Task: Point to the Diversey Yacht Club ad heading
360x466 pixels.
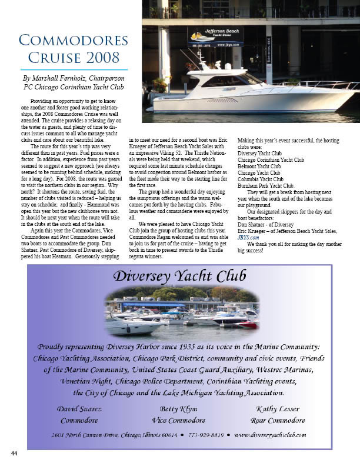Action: tap(179, 275)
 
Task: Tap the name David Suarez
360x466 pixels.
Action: tap(81, 409)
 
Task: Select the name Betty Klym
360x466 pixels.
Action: tap(178, 409)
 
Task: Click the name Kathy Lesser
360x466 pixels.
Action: tap(278, 409)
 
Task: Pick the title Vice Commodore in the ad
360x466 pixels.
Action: tap(178, 421)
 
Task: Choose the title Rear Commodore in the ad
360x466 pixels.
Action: tap(278, 421)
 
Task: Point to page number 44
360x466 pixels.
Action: tap(14, 454)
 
